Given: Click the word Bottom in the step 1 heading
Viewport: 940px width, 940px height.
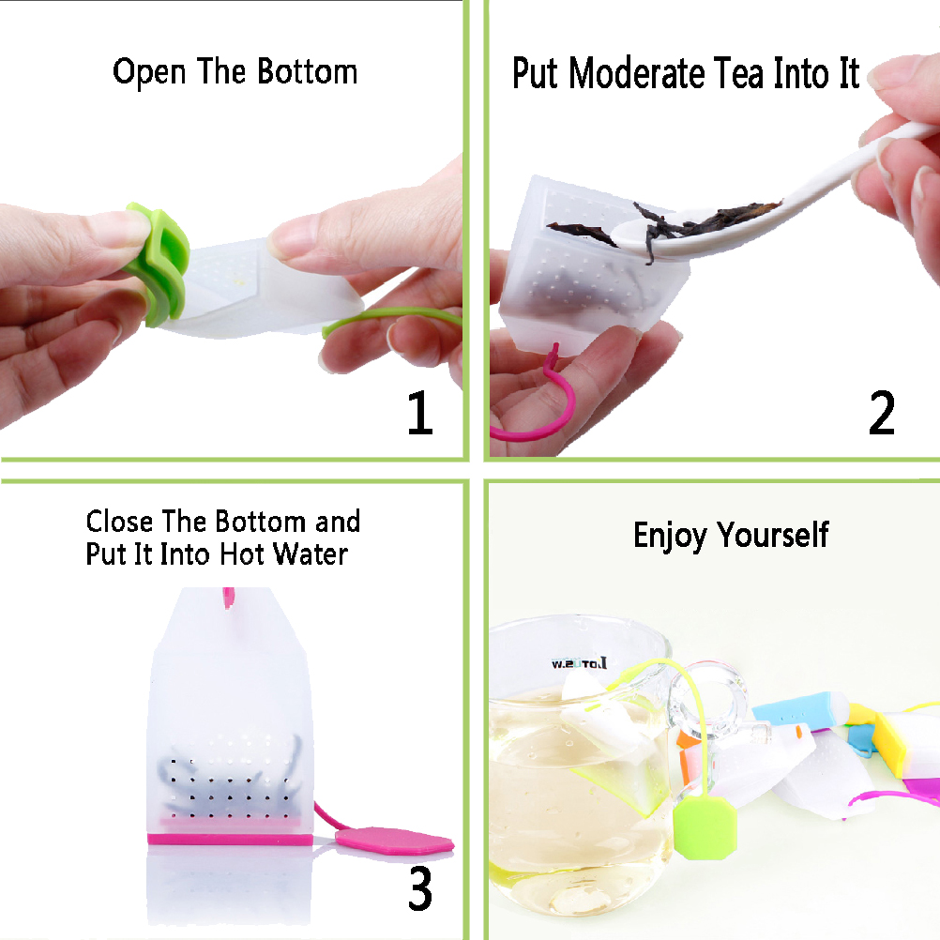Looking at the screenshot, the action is (308, 71).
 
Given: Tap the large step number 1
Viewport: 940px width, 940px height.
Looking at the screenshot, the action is (419, 413).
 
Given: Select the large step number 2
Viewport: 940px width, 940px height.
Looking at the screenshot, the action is (882, 413).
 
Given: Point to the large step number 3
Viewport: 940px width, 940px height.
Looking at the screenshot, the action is (420, 889).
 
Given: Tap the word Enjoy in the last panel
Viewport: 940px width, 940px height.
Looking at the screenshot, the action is (670, 536).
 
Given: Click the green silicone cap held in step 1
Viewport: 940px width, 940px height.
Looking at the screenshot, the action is (157, 265).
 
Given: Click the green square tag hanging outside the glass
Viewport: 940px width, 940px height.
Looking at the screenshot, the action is (705, 827).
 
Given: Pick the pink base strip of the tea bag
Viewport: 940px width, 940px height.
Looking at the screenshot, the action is (230, 840).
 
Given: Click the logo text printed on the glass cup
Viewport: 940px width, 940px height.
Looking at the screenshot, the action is (579, 663).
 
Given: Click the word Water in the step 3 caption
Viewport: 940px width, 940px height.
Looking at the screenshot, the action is (311, 553).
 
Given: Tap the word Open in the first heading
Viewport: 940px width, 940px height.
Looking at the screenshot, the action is (149, 72).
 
